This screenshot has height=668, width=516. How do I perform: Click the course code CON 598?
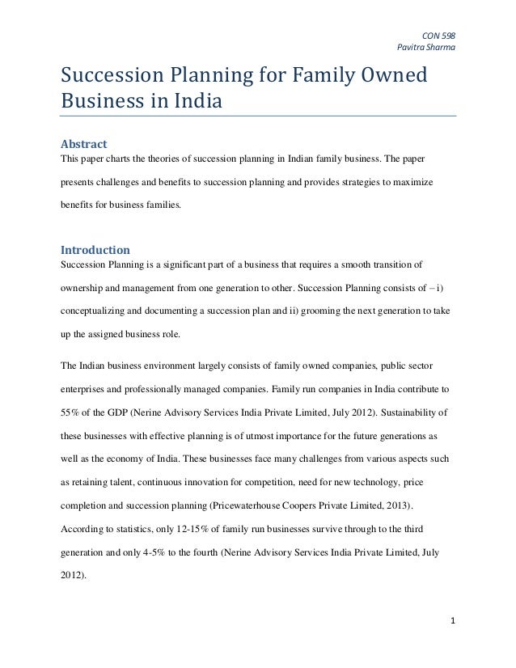[x=441, y=34]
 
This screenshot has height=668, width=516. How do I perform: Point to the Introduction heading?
[x=96, y=249]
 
